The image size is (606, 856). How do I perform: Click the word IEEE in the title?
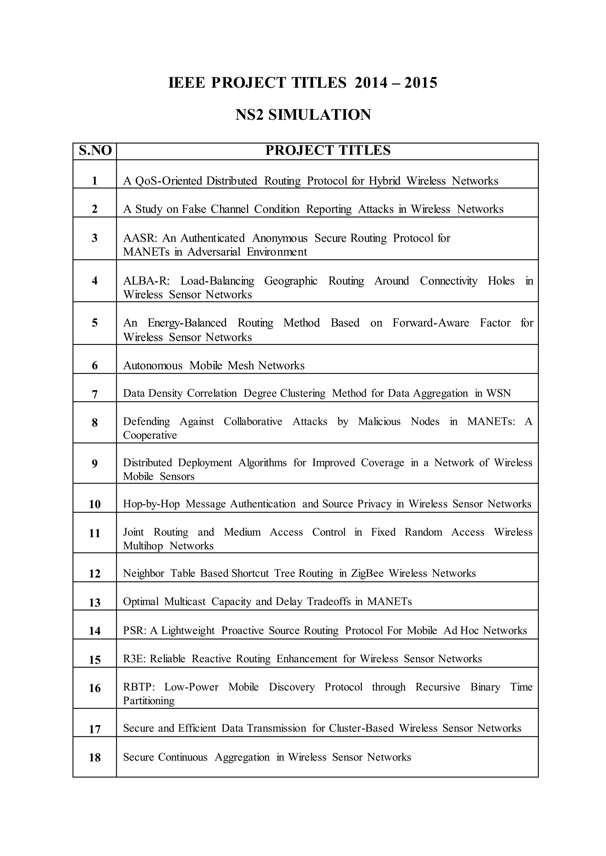pos(187,83)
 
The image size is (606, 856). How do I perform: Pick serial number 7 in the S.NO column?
pos(95,394)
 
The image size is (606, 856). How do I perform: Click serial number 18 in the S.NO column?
pos(95,758)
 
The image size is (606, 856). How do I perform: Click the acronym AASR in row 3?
pos(139,238)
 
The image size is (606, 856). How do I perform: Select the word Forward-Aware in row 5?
pos(431,323)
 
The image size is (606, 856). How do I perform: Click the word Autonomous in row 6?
pos(153,366)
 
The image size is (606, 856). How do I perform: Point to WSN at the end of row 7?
pos(499,393)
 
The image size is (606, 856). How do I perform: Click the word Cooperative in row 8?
pos(150,435)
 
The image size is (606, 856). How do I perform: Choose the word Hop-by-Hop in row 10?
pos(151,504)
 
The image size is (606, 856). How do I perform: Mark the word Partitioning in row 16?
pos(149,701)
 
